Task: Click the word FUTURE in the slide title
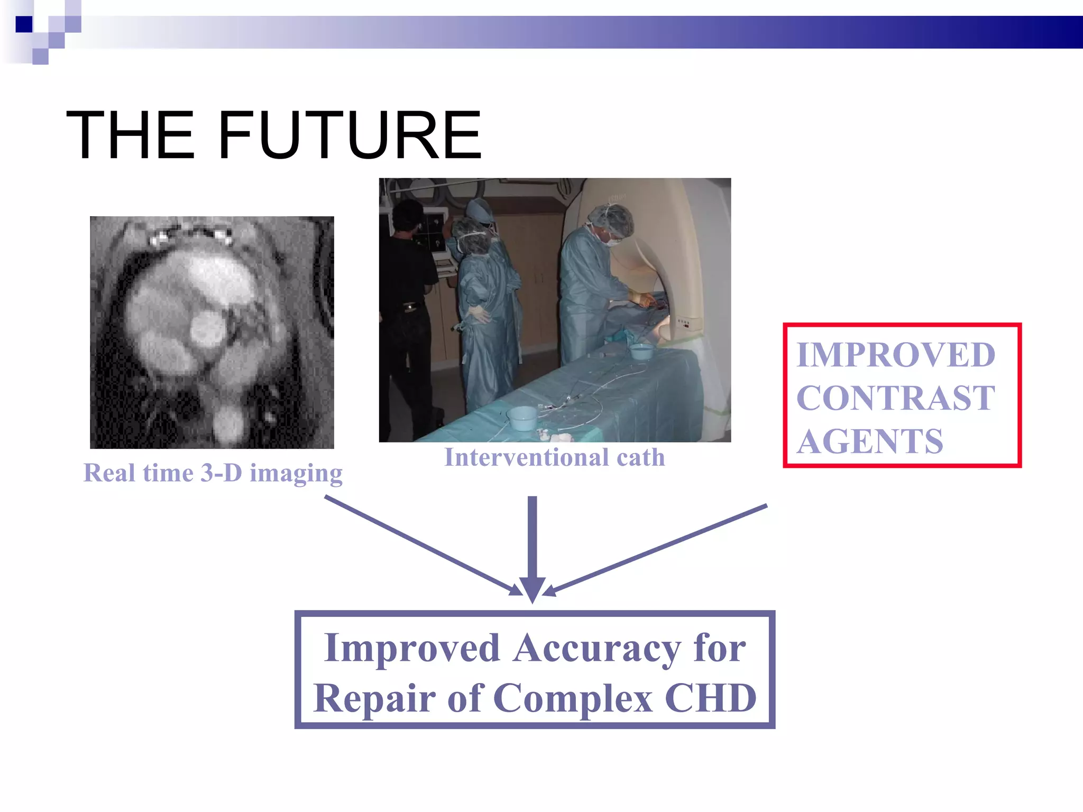point(350,135)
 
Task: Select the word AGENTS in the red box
point(870,441)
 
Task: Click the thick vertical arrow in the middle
point(533,545)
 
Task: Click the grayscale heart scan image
point(212,333)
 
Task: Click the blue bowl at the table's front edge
point(521,418)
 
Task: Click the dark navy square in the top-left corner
point(24,24)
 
